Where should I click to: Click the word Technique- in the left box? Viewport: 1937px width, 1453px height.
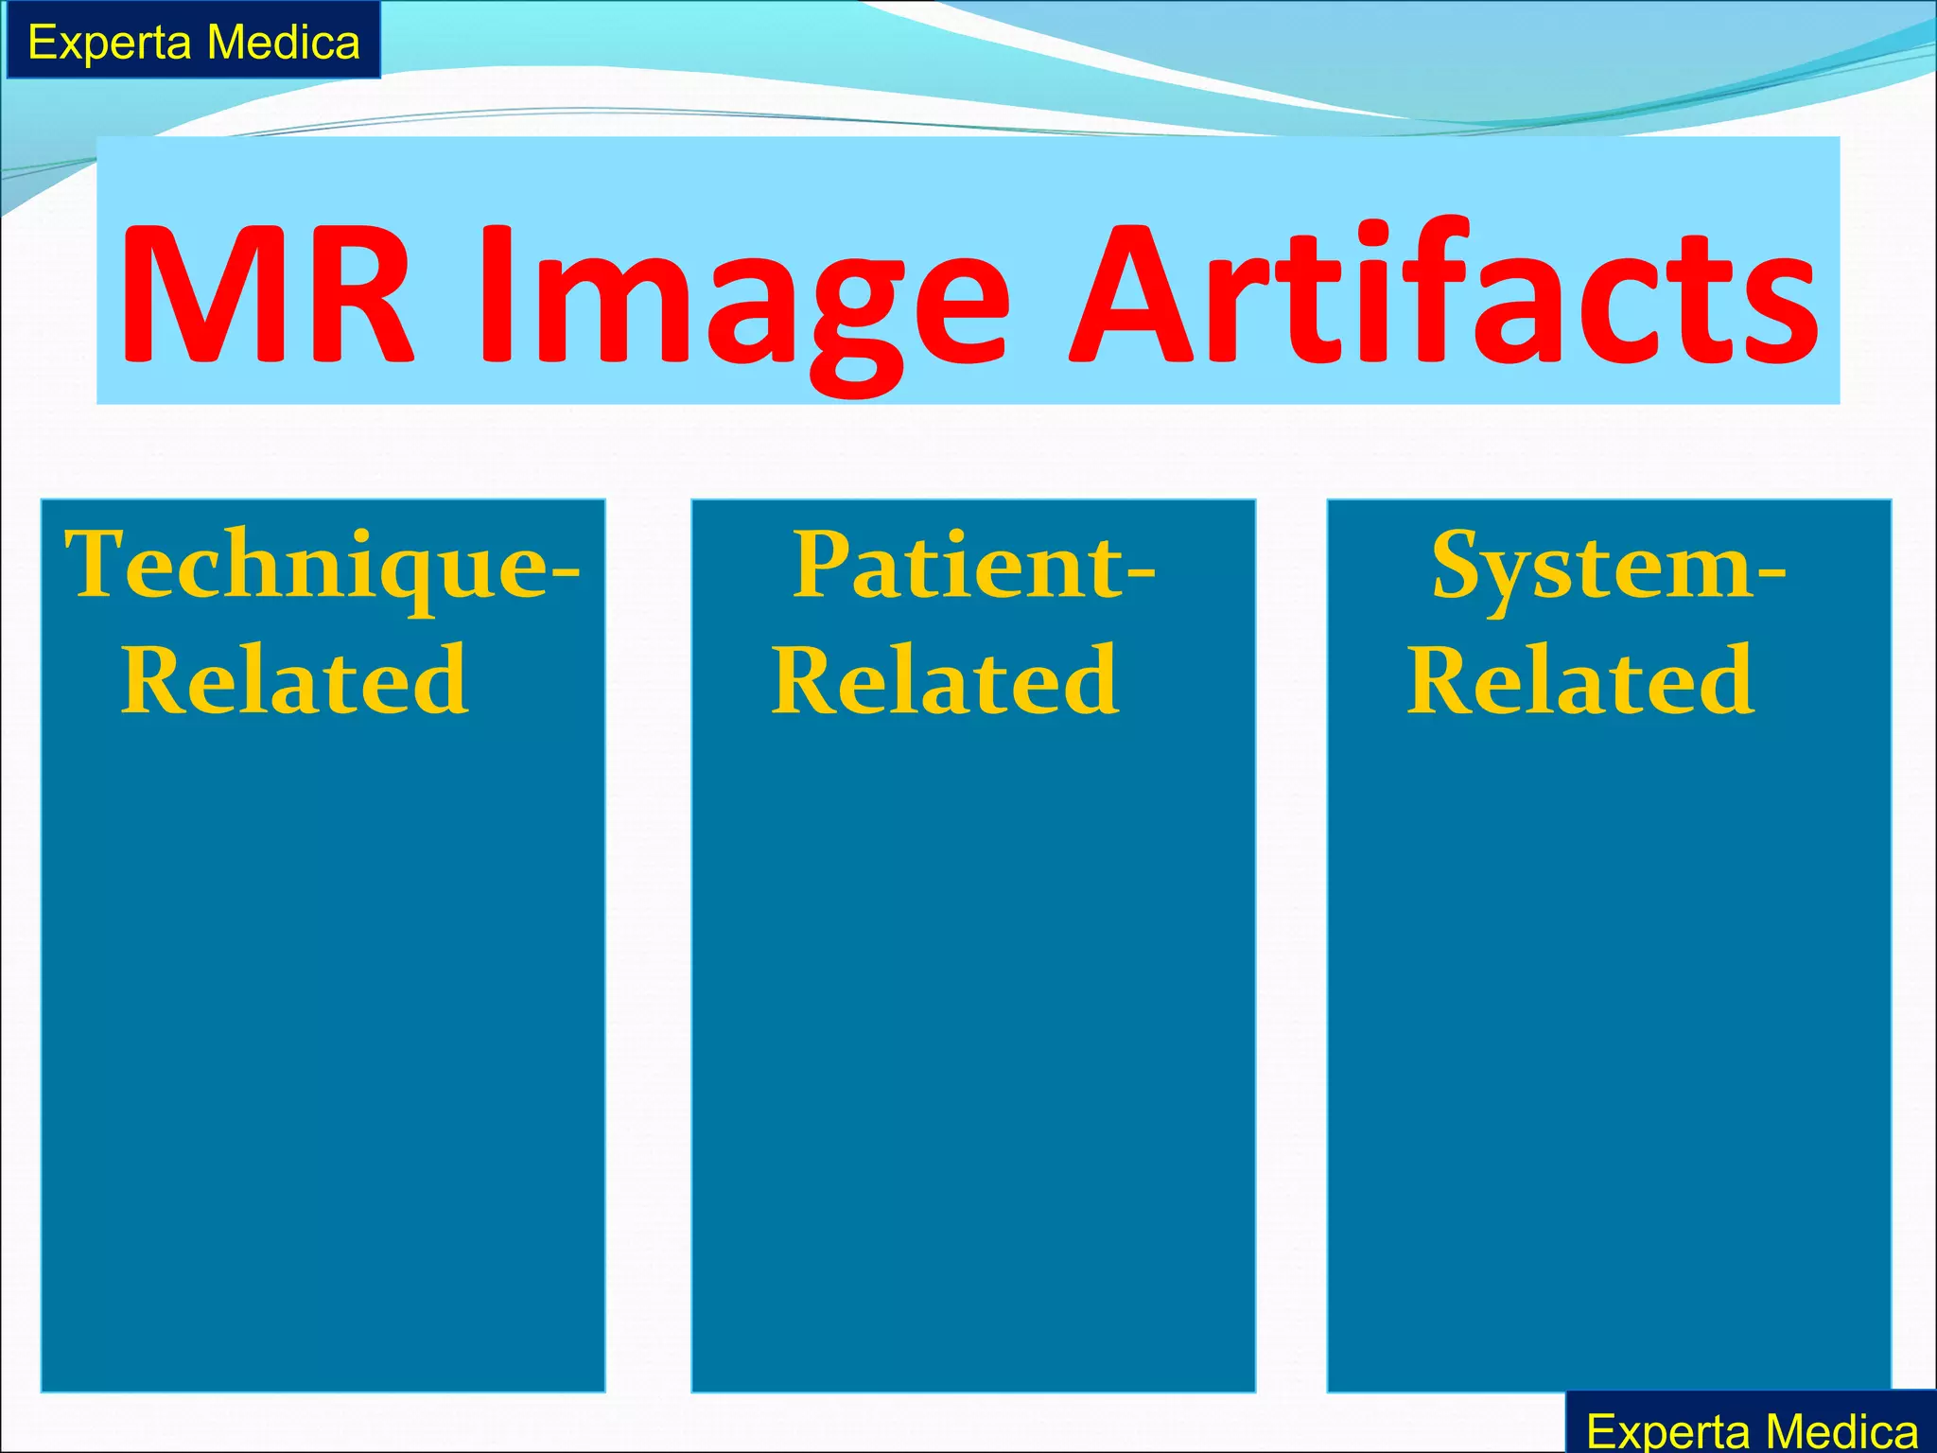[x=322, y=568]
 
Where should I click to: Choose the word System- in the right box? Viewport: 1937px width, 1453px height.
[x=1609, y=568]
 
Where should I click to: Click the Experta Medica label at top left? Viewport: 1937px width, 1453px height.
[x=194, y=42]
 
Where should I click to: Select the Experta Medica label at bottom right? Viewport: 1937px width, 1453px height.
[x=1752, y=1428]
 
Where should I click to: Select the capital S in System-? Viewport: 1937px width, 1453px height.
[x=1462, y=566]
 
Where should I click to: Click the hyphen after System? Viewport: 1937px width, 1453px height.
[x=1771, y=571]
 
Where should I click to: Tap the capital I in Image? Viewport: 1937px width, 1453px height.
[x=497, y=295]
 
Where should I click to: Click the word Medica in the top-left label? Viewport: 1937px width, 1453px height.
[x=284, y=42]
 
